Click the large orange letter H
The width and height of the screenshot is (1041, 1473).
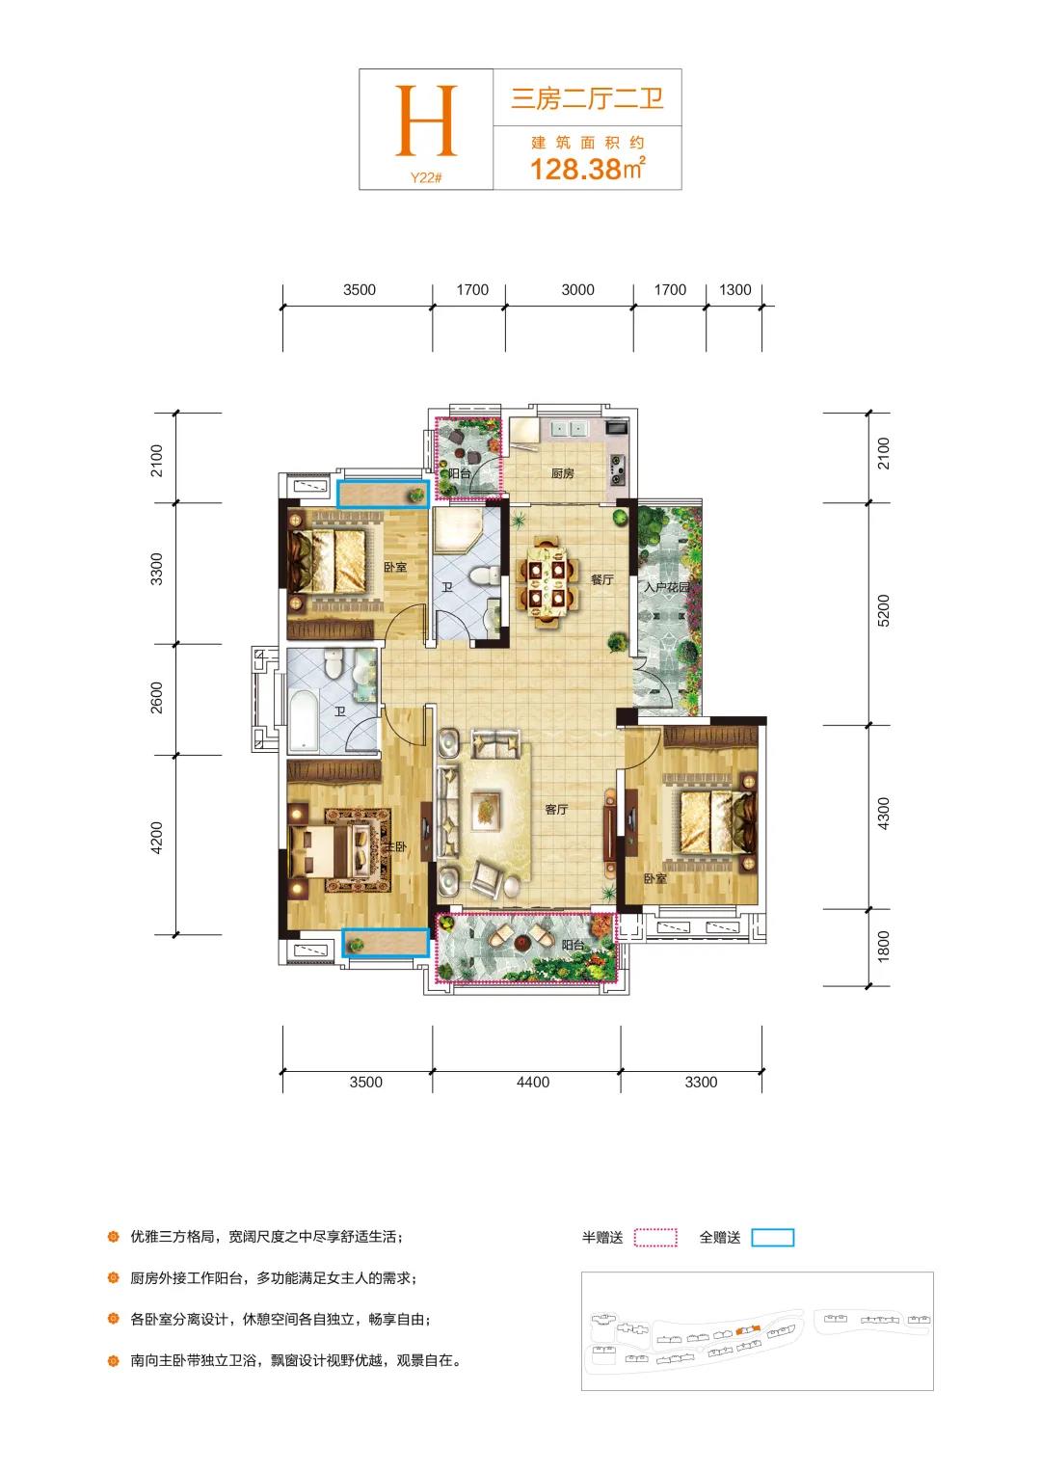[x=425, y=121]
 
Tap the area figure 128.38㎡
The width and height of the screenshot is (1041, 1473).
[x=587, y=169]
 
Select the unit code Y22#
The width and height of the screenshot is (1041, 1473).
[x=425, y=177]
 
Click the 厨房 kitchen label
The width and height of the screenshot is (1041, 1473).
[x=562, y=472]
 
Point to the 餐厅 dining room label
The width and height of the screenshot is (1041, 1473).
[x=601, y=579]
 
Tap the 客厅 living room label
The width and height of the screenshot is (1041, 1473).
[x=556, y=810]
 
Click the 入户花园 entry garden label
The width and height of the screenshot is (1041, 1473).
[x=667, y=587]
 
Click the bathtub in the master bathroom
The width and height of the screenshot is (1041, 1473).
[x=304, y=720]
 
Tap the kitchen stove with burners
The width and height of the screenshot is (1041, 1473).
[x=618, y=469]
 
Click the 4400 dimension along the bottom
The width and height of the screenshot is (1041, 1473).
[x=533, y=1082]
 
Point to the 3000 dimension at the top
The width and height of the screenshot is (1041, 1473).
[x=577, y=290]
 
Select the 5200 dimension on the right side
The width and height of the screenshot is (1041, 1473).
[x=883, y=610]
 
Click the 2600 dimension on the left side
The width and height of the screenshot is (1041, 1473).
[x=156, y=698]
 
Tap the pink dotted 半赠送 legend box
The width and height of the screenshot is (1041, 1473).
[x=655, y=1237]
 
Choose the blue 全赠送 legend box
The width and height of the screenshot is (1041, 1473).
[x=773, y=1237]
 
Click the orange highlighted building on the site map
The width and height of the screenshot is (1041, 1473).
[x=748, y=1330]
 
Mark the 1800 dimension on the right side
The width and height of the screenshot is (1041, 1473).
[x=883, y=947]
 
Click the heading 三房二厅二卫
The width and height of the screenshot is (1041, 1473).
[x=587, y=98]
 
